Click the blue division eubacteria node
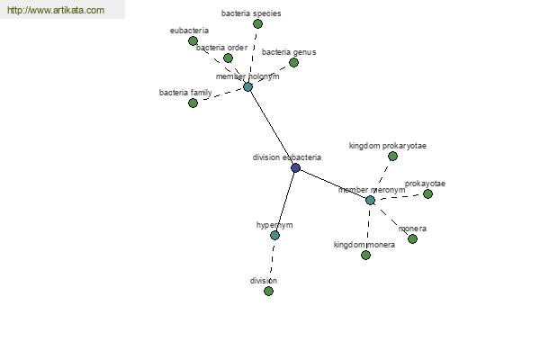coord(295,167)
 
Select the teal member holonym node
coord(248,86)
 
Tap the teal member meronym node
coord(370,200)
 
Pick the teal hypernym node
coord(274,235)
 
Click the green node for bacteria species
coord(257,23)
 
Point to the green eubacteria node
coord(193,41)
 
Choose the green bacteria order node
coord(228,58)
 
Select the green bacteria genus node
coord(293,63)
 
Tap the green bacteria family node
coord(193,103)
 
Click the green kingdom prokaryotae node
coord(392,157)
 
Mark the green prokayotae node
coord(427,194)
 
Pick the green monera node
coord(412,238)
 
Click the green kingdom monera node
coord(365,256)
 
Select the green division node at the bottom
coord(268,291)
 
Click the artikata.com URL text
coord(56,10)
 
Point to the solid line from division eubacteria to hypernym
coord(285,202)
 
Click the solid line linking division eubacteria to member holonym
coord(272,128)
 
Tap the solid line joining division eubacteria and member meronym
coord(333,184)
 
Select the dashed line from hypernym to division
coord(272,263)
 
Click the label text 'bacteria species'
coord(251,13)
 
